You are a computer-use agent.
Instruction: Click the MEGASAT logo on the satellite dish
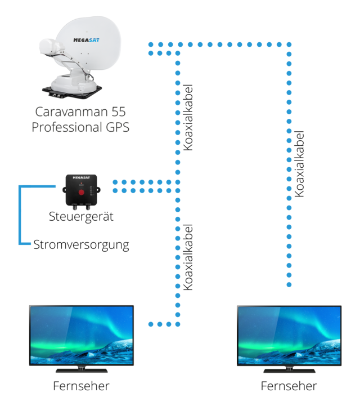tap(87, 40)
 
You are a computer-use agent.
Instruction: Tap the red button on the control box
tap(82, 192)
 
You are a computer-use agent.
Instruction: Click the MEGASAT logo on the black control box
tap(82, 178)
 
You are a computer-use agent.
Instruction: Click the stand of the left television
tap(82, 369)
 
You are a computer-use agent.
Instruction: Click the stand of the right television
tap(289, 369)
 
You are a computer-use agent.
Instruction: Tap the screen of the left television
tap(82, 335)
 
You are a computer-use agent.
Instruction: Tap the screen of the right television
tap(289, 335)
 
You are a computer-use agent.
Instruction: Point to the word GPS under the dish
tap(116, 127)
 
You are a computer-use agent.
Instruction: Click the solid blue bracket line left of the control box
tap(20, 214)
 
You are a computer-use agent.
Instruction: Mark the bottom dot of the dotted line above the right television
tap(289, 285)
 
